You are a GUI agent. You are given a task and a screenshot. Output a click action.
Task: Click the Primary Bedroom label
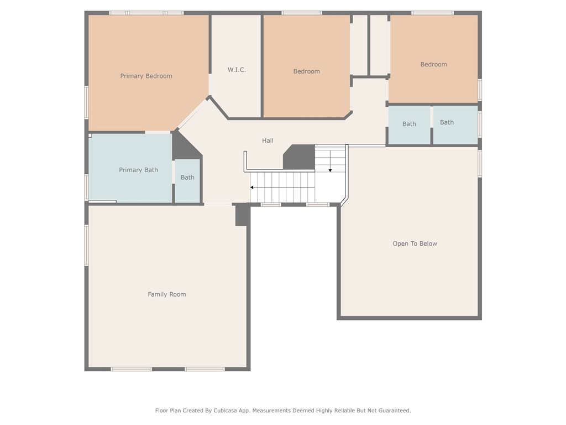(146, 76)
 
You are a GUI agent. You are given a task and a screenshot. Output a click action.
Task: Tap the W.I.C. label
(237, 70)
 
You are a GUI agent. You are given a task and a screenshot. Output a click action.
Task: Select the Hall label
(268, 141)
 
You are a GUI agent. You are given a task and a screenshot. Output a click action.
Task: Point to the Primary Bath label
(139, 170)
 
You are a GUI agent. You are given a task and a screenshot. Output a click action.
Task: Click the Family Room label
(167, 294)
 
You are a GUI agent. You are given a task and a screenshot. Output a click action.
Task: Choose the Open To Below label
(415, 243)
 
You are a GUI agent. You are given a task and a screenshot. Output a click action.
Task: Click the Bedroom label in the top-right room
(433, 64)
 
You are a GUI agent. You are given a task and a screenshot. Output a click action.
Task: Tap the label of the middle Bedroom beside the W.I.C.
(306, 71)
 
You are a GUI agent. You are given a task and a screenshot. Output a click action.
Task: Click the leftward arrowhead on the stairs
(252, 187)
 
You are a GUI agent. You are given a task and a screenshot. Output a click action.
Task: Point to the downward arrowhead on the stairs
(330, 170)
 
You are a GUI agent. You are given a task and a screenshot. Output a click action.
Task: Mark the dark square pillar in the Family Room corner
(243, 215)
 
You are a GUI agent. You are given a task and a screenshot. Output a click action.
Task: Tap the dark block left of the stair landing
(300, 157)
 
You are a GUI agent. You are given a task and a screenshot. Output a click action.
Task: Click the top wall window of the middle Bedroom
(302, 13)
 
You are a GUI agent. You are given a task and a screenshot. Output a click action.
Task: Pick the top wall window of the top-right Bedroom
(432, 13)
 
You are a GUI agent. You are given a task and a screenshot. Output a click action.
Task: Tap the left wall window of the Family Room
(87, 246)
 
